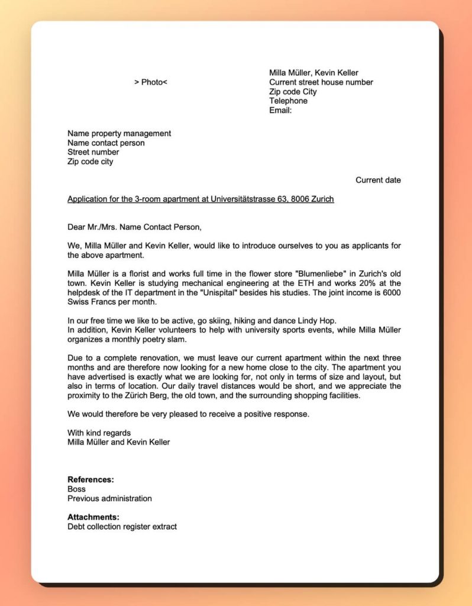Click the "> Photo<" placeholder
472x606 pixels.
pos(151,82)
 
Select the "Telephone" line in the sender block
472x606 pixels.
pos(288,101)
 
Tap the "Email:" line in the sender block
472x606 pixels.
pos(280,110)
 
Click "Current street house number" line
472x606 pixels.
pos(321,82)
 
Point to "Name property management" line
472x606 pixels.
pos(119,133)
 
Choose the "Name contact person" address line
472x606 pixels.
pos(106,143)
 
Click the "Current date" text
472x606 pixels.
pos(378,180)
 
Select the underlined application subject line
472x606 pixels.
pos(201,199)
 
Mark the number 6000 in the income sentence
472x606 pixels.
pos(390,292)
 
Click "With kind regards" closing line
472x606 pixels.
pos(99,433)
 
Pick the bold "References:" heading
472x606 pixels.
pos(90,479)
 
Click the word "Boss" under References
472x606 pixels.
pos(76,489)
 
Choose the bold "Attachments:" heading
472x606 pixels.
pos(93,517)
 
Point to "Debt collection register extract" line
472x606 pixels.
pos(122,526)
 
